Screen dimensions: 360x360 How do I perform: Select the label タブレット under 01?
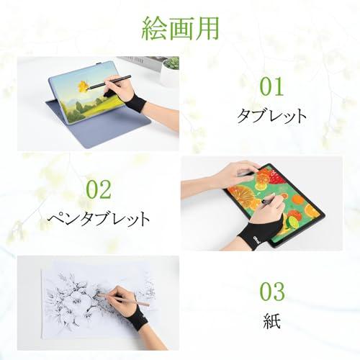pyautogui.click(x=271, y=116)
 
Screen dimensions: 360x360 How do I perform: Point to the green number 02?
pyautogui.click(x=99, y=190)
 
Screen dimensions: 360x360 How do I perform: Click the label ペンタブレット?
pyautogui.click(x=99, y=217)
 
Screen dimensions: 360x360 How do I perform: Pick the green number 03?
pyautogui.click(x=271, y=292)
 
